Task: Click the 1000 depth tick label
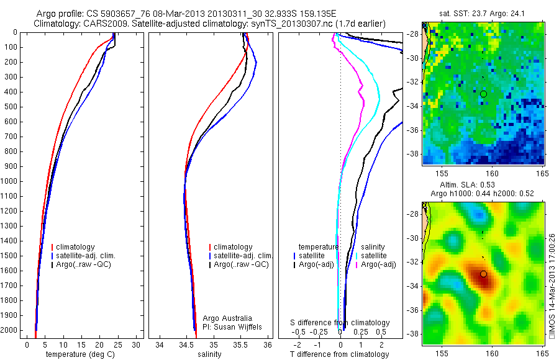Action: pyautogui.click(x=9, y=181)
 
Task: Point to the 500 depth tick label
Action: pyautogui.click(x=11, y=107)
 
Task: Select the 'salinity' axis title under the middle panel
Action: pyautogui.click(x=208, y=354)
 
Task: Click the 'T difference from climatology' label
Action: pyautogui.click(x=340, y=354)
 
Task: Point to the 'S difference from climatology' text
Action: pyautogui.click(x=340, y=323)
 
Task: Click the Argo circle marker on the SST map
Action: pyautogui.click(x=483, y=94)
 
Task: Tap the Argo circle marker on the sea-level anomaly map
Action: pyautogui.click(x=483, y=273)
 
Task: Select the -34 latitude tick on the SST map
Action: pyautogui.click(x=414, y=106)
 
